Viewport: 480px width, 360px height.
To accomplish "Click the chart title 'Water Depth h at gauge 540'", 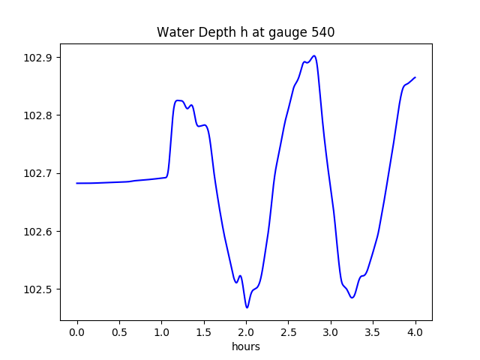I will click(245, 32).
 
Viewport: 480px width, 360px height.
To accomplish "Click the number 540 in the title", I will click(323, 32).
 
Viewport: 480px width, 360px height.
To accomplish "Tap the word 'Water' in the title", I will click(173, 32).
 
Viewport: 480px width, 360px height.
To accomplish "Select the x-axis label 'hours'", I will click(246, 347).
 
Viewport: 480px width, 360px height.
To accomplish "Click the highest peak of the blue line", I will click(313, 55).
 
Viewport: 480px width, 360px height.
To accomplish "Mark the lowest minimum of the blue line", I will click(247, 307).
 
